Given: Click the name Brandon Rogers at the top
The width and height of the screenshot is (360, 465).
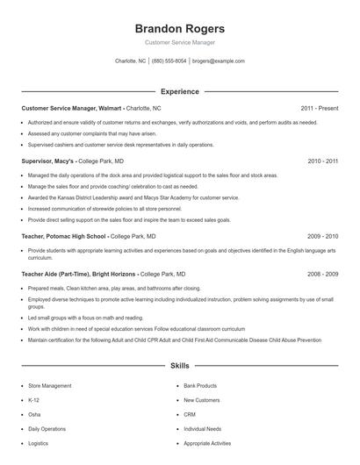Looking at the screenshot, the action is (x=180, y=28).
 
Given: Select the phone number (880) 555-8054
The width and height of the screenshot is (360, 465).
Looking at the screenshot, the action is (x=169, y=61).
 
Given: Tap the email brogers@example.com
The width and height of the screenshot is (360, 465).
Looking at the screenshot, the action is (x=218, y=61).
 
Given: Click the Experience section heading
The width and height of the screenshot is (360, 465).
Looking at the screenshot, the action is (x=180, y=91).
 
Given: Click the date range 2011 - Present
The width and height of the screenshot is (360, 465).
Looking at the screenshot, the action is (x=320, y=108).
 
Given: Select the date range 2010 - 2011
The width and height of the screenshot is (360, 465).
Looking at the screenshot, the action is (x=323, y=161).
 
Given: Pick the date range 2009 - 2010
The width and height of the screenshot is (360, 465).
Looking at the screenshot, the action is (x=323, y=236).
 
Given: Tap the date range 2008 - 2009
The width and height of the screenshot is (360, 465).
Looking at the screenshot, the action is (x=323, y=274).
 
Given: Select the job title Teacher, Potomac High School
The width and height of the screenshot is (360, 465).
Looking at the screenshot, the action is (x=64, y=236).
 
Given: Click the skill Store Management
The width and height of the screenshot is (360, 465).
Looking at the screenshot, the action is (x=51, y=385).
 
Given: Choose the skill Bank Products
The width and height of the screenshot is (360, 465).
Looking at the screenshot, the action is (x=200, y=385).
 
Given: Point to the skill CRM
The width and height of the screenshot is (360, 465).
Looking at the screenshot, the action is (x=190, y=414).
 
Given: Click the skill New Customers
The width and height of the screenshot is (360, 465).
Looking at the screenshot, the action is (x=202, y=399).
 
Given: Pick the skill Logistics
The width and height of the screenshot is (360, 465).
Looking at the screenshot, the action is (x=39, y=443).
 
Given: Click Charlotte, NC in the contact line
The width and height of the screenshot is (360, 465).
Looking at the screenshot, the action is (x=131, y=61).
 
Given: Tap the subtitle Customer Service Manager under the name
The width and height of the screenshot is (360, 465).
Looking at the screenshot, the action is (x=180, y=42).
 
